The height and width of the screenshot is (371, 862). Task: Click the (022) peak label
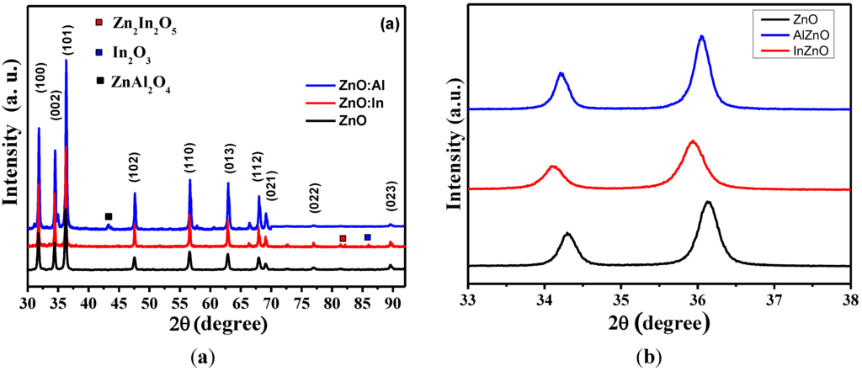[313, 200]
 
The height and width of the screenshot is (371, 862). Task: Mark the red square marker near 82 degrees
[343, 239]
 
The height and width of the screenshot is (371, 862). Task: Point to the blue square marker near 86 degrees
[367, 238]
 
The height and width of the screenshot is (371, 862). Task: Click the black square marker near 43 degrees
[108, 217]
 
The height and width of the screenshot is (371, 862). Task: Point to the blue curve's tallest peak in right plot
[701, 37]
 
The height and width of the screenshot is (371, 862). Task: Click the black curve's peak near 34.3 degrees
[568, 234]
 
